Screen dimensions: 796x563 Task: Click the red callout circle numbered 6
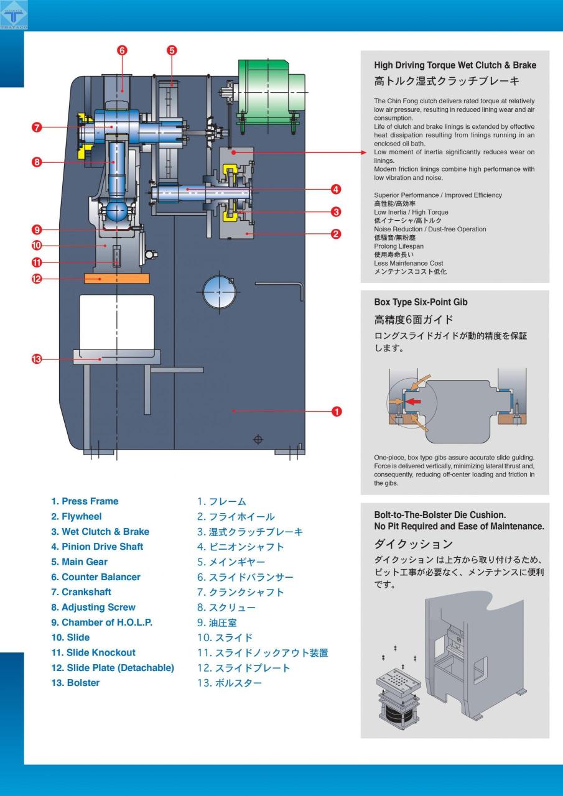coord(122,50)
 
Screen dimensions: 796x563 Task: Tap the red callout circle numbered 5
coord(172,50)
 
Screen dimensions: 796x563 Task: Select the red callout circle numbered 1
coord(336,411)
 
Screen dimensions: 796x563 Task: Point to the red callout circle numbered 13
coord(37,359)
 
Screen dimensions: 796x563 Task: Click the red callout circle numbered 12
coord(37,279)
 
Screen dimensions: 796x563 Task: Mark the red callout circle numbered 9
coord(37,229)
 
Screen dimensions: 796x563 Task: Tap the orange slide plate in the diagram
coord(116,278)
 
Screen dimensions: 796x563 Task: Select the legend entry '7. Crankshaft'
coord(84,592)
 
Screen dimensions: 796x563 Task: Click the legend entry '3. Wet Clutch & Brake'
coord(100,532)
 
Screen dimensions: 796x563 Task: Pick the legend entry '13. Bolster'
coord(75,683)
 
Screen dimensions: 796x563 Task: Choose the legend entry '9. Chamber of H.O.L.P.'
coord(101,622)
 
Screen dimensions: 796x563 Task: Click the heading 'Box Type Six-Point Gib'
coord(421,302)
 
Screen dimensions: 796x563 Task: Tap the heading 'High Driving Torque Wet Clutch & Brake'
coord(455,65)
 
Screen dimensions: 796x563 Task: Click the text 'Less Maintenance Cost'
coord(408,263)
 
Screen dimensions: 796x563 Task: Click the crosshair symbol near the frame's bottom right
coord(258,440)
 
